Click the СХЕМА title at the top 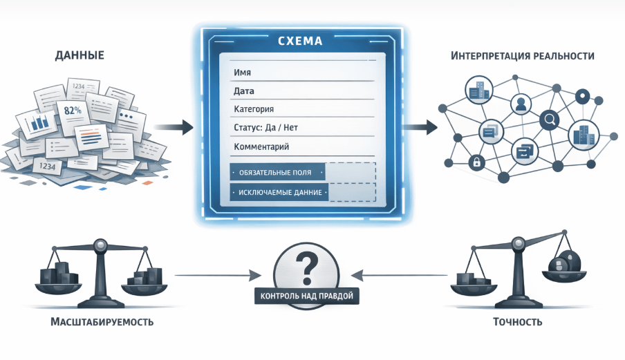click(299, 41)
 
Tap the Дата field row click(244, 91)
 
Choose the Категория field click(254, 109)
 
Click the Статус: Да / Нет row click(266, 128)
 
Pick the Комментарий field click(261, 146)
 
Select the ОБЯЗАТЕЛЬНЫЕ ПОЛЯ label click(279, 172)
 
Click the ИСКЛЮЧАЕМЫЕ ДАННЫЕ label click(279, 192)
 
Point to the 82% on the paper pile click(72, 110)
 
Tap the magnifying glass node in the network click(550, 120)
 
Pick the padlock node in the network click(476, 162)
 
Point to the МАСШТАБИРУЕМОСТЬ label click(102, 323)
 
